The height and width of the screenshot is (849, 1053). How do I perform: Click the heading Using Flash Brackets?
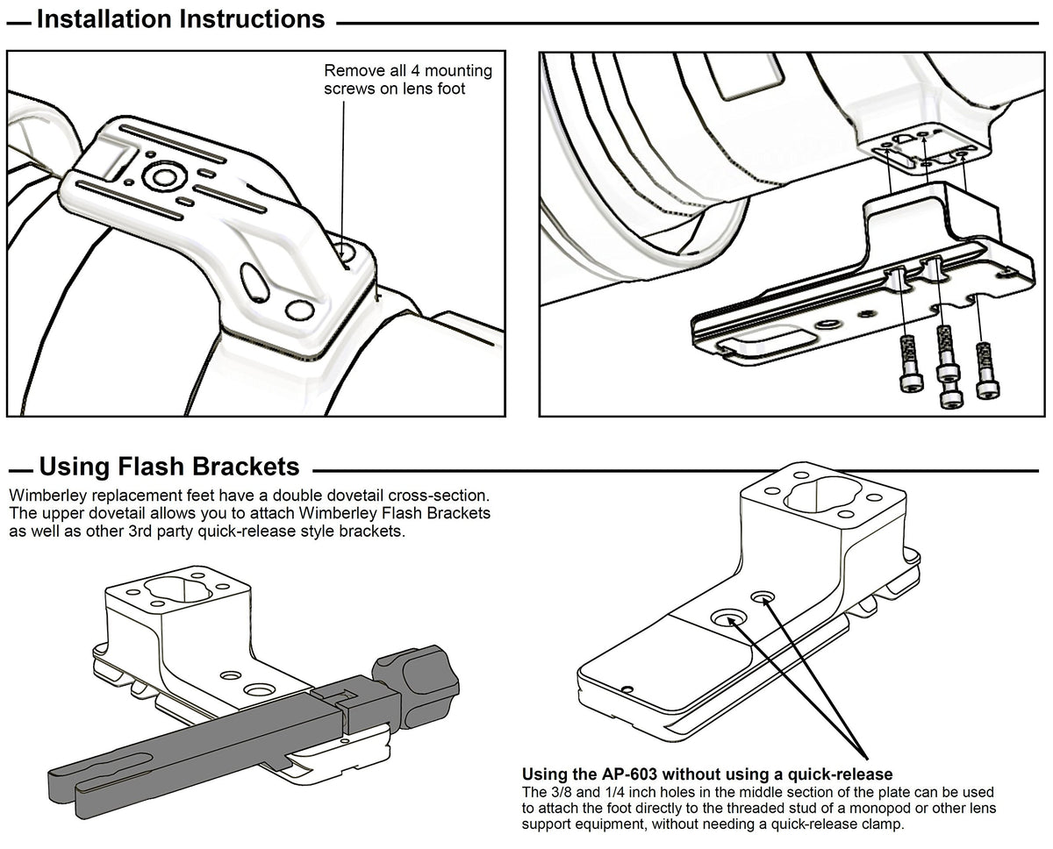[169, 466]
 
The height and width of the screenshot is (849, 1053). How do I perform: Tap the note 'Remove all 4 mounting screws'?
[408, 79]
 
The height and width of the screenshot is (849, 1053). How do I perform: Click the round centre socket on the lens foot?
[163, 177]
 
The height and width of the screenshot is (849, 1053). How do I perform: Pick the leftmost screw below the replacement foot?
[906, 361]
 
